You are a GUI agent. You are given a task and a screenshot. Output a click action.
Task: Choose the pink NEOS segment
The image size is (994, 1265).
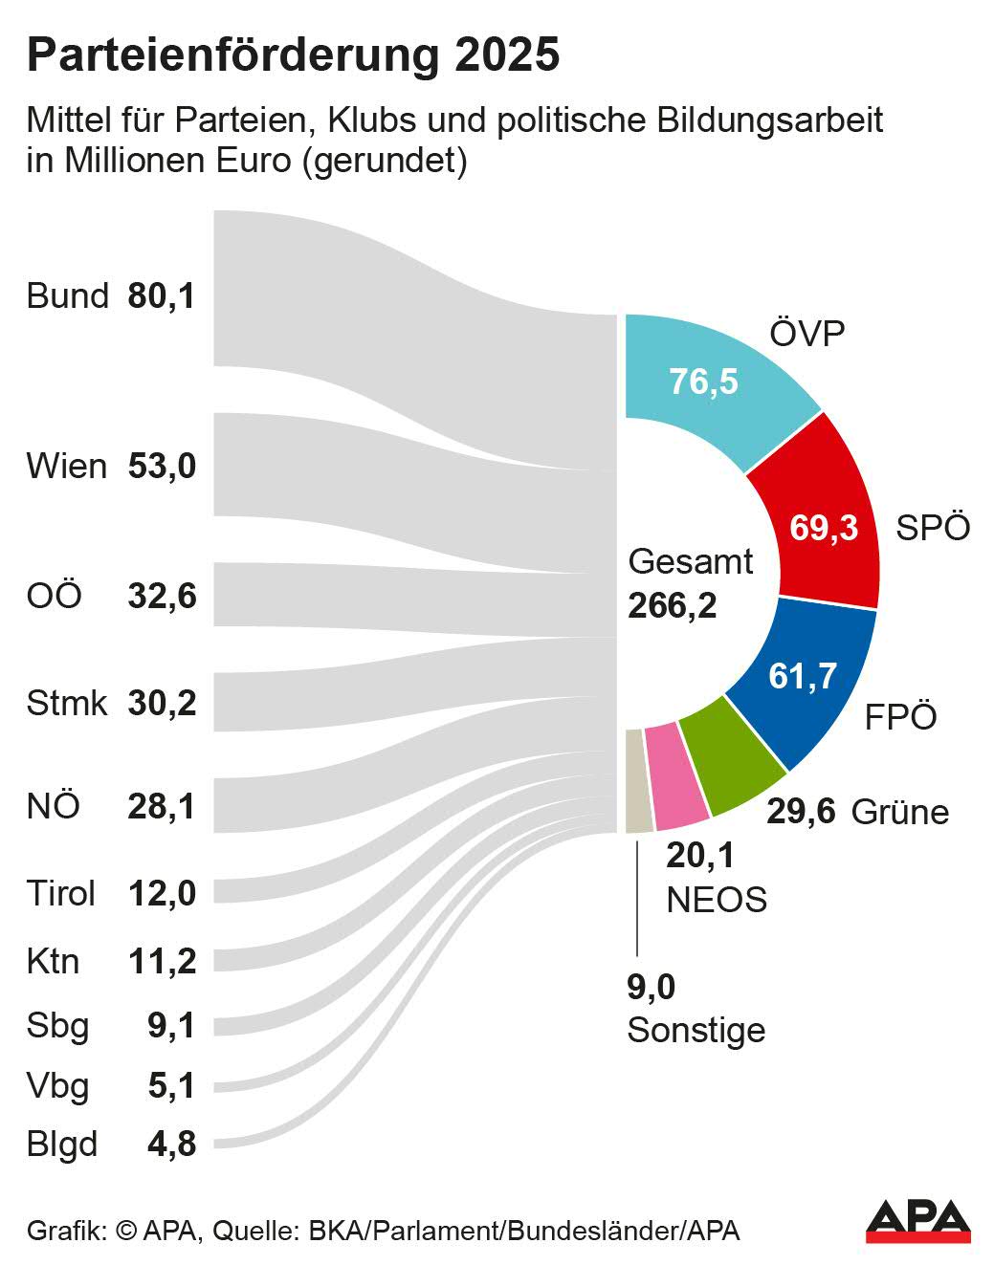(675, 774)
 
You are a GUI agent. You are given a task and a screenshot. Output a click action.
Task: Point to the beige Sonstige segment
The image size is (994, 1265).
(636, 780)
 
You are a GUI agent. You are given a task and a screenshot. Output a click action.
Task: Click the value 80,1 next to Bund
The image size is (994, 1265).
(162, 295)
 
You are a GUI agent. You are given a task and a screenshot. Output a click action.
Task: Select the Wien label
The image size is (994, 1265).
(67, 467)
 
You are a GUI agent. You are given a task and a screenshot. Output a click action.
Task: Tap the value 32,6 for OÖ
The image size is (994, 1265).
(162, 596)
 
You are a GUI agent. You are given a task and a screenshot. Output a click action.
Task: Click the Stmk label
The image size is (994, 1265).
(67, 703)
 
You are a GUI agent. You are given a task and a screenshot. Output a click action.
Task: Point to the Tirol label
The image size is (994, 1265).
(61, 893)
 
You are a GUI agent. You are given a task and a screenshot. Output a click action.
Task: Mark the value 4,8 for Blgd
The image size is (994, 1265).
(172, 1144)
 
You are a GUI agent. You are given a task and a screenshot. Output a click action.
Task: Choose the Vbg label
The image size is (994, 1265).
(58, 1085)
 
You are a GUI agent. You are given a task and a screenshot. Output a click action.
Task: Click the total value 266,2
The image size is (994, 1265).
(672, 604)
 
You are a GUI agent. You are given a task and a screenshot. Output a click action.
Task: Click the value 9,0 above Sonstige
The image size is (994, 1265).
(652, 987)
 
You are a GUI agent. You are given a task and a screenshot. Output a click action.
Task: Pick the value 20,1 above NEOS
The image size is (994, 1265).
(700, 855)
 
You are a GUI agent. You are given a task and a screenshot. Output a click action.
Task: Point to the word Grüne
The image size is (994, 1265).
(899, 812)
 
